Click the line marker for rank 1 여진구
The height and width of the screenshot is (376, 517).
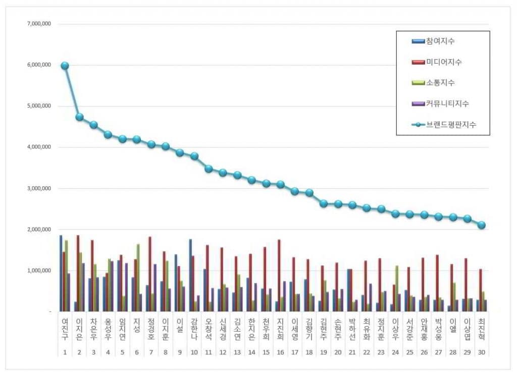click(x=65, y=66)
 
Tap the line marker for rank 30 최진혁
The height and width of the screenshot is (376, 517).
click(x=482, y=225)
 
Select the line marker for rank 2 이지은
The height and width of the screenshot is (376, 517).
click(x=79, y=117)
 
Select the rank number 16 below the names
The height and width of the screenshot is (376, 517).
click(x=280, y=351)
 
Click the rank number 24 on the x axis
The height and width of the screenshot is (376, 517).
click(x=395, y=351)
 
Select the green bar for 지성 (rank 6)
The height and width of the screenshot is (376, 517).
click(x=138, y=278)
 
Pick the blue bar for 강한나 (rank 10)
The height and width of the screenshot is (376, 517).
click(x=190, y=276)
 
